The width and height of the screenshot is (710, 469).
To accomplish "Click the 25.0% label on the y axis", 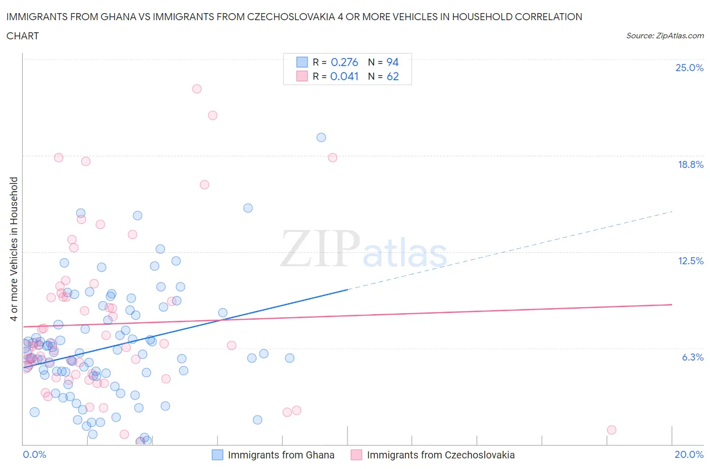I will pos(689,68).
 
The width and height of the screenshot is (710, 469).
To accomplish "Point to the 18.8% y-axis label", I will pos(690,164).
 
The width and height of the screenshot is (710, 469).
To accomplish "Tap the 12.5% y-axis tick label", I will pos(690,261).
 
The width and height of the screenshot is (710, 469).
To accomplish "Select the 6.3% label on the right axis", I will pos(692,357).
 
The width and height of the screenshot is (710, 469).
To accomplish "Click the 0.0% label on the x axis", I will pos(34,454).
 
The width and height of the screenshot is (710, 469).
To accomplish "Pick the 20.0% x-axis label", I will pos(689,454).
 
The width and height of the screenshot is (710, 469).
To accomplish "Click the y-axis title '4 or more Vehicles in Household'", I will pos(14,249).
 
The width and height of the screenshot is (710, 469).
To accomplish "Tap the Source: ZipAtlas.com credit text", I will pos(665,35).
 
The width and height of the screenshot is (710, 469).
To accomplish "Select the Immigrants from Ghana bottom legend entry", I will pos(273,455).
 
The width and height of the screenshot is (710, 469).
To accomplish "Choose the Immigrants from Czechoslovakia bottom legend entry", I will pos(433,455).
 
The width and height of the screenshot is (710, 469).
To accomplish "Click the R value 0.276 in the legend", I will pos(344,62).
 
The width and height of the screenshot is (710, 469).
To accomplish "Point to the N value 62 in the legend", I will pos(392,76).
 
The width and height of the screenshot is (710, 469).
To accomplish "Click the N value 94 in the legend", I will pos(392,62).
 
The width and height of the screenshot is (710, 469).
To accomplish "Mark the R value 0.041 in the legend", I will pos(344,76).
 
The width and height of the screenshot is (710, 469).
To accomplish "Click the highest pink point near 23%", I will pos(197,89).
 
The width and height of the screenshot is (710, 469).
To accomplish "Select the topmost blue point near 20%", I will pos(321,137).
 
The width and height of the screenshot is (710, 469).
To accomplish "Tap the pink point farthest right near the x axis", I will pos(612,430).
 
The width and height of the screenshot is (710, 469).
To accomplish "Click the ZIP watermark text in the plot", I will pos(320,248).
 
